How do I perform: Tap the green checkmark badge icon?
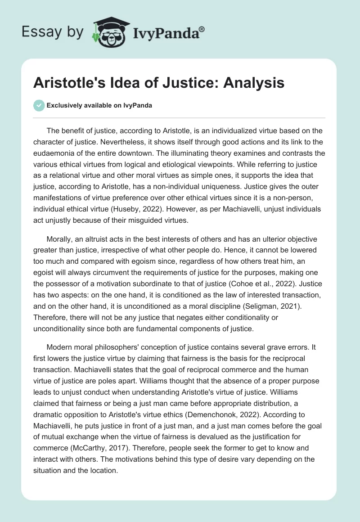point(39,105)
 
